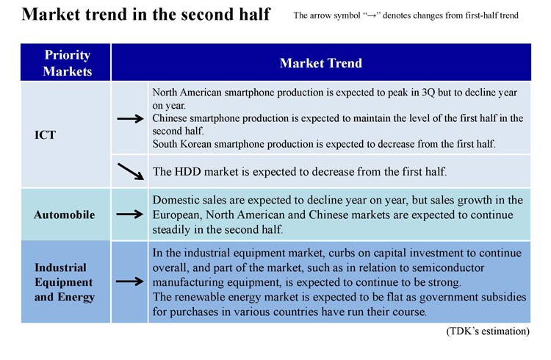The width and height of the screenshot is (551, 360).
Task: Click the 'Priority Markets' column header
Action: coord(67,63)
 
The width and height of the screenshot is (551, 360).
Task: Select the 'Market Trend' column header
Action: coord(321,63)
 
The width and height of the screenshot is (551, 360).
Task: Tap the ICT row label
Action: coord(45,135)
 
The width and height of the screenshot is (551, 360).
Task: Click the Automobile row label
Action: coord(65,215)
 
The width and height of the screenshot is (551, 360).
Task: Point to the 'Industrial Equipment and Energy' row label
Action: coord(65,282)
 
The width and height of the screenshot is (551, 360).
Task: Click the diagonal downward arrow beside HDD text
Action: coord(131,171)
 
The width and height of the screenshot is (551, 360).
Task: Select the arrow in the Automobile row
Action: coord(129,214)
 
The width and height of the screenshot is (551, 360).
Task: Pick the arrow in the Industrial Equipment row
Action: coord(129,281)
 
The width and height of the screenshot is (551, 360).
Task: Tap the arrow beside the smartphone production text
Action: coord(130,119)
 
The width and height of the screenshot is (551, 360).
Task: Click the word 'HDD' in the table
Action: coord(187,172)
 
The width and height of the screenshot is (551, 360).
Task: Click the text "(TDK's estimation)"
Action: coord(488,331)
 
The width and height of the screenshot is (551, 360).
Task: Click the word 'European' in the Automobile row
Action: coord(178,215)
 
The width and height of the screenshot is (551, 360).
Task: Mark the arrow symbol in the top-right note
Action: coord(372,16)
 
